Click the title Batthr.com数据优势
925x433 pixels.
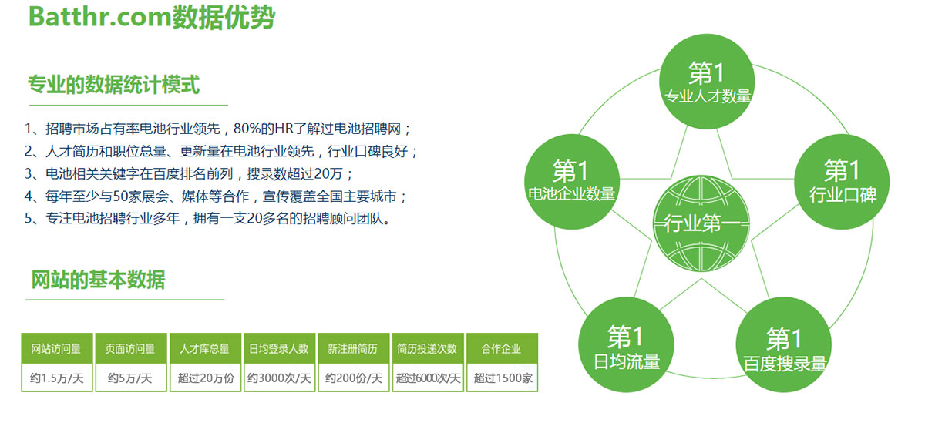[x=152, y=18]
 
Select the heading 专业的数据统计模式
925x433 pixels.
[x=113, y=85]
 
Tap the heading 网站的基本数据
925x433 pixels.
[x=99, y=280]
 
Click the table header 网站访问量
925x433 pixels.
[x=56, y=348]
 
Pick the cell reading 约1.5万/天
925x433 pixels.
[x=56, y=378]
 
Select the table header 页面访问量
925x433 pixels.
[x=130, y=348]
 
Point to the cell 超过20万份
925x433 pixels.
[x=205, y=378]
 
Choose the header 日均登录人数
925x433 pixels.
[x=279, y=348]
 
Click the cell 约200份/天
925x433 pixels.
[x=354, y=378]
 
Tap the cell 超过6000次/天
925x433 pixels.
[x=428, y=378]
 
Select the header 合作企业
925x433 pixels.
[x=502, y=348]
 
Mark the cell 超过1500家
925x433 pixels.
[x=502, y=378]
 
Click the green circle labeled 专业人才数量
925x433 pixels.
[x=707, y=82]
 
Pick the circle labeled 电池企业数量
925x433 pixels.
[x=572, y=181]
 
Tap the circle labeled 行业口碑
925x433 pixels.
[x=842, y=181]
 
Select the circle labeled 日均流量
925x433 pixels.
[x=626, y=344]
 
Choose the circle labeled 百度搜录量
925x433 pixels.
[x=783, y=344]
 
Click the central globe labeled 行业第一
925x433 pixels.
[x=701, y=223]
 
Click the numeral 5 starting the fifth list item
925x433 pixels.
[x=28, y=218]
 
